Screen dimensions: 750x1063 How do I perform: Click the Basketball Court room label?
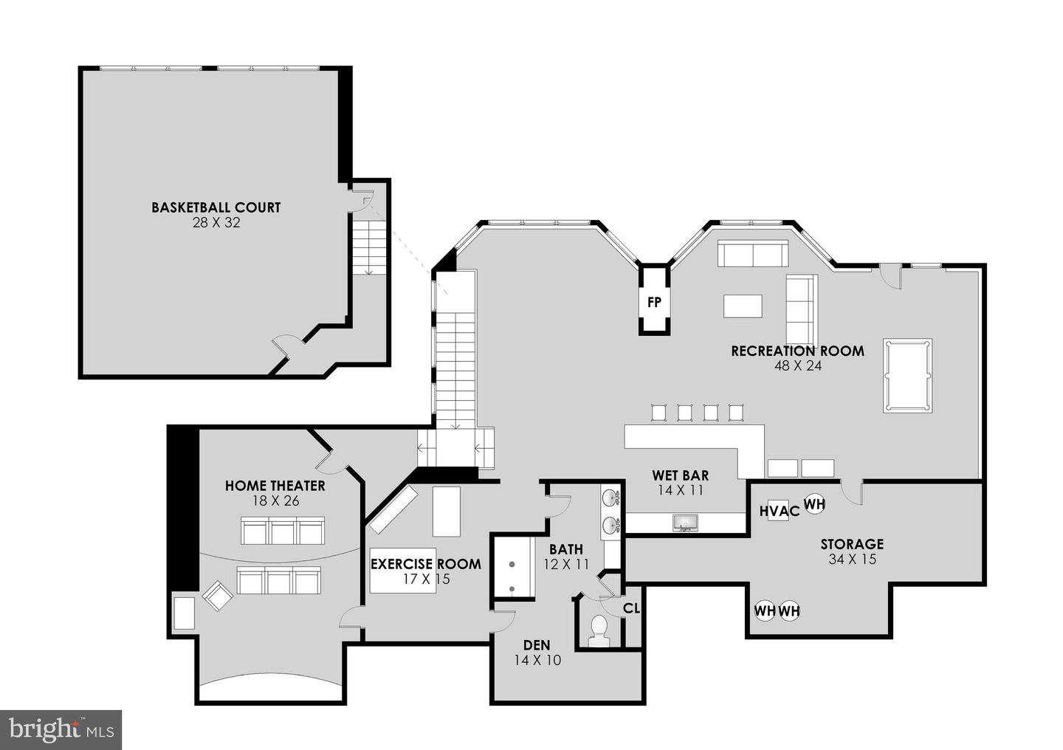pos(216,207)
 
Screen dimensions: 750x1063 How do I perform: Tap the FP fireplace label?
pos(654,302)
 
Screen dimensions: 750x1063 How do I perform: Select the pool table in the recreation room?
pos(907,375)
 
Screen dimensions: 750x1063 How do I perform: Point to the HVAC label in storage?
pos(779,511)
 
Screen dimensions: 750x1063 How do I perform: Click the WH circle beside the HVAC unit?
pos(814,504)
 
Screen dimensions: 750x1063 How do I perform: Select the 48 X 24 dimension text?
pos(797,365)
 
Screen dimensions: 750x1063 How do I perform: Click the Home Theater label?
pos(275,486)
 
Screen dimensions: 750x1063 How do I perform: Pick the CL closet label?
pos(631,608)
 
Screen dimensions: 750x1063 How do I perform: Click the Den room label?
pos(537,644)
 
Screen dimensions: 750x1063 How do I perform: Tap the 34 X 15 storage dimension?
pos(852,559)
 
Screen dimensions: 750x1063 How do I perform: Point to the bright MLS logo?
pos(61,730)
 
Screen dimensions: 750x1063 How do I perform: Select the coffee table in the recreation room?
pos(742,306)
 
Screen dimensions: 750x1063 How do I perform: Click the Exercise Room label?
pos(425,564)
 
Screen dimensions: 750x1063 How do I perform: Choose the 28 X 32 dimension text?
pos(216,222)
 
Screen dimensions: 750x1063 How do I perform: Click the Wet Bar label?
pos(680,475)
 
